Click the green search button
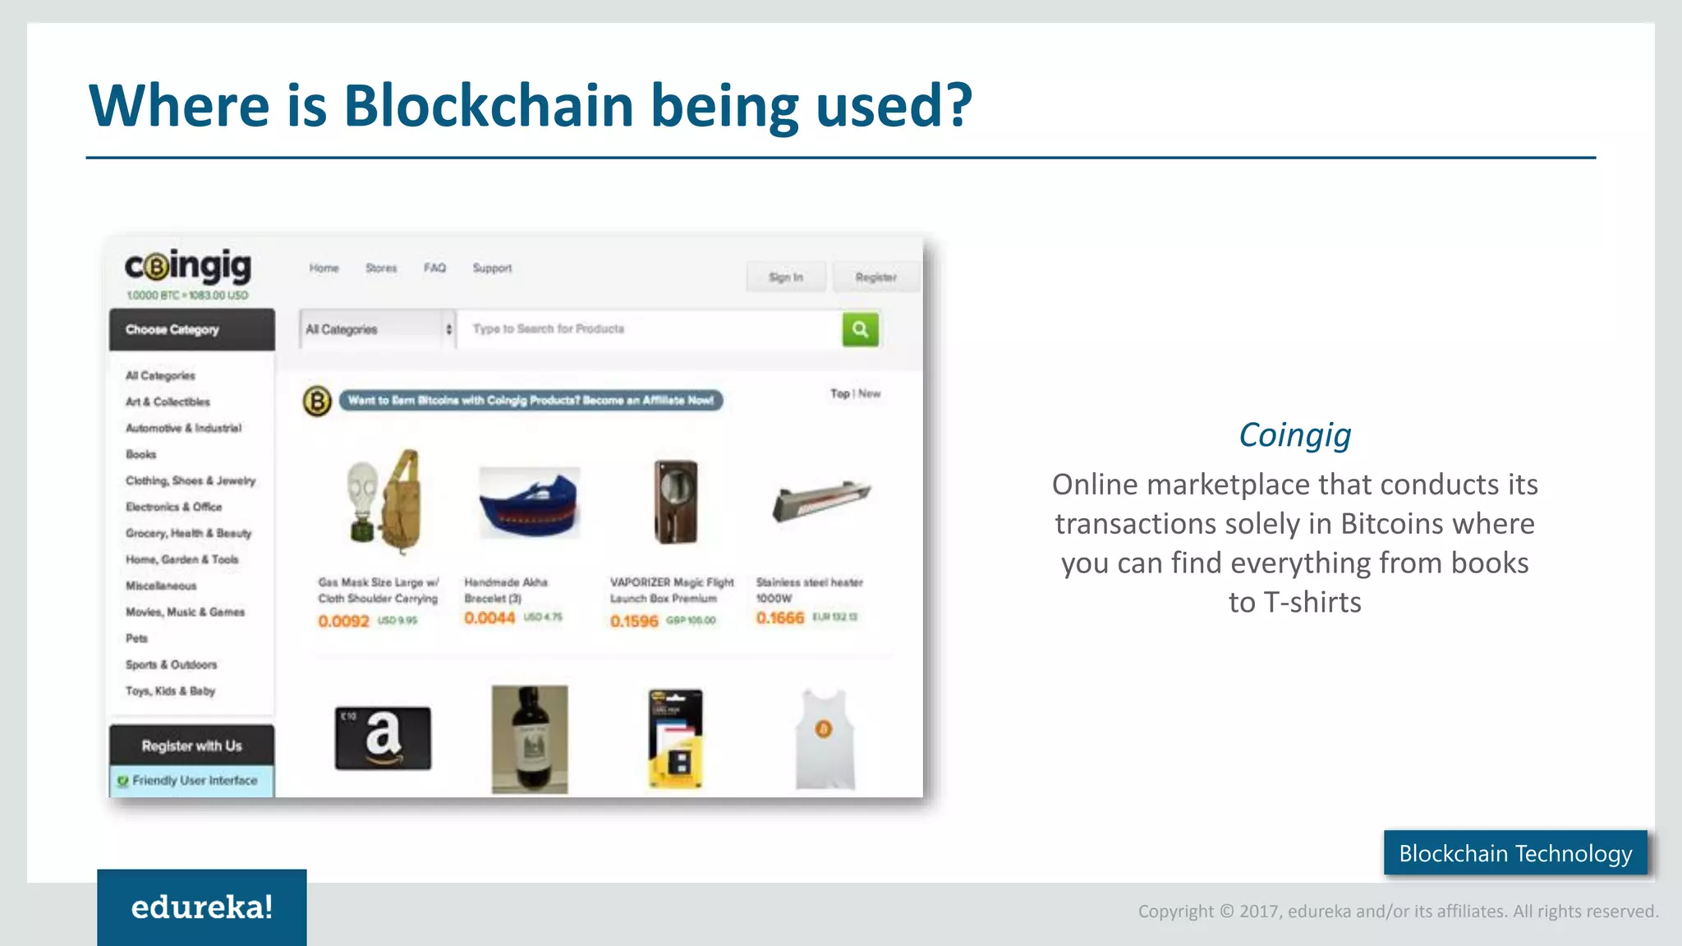pos(860,329)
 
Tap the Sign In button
pos(786,278)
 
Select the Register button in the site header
pos(875,278)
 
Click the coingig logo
pos(188,267)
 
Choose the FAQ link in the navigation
pos(434,268)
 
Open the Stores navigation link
pos(381,268)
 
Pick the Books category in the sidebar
pos(140,454)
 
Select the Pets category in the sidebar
pos(136,638)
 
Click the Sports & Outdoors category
pos(171,664)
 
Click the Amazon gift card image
pos(383,737)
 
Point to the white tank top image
pos(825,739)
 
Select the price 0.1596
pos(634,622)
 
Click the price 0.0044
pos(489,618)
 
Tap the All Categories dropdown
pos(378,329)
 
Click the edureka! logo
pos(202,907)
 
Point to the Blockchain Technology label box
pos(1515,853)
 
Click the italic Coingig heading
pos(1294,435)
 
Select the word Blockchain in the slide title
pos(489,106)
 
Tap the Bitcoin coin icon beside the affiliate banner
pos(317,401)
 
